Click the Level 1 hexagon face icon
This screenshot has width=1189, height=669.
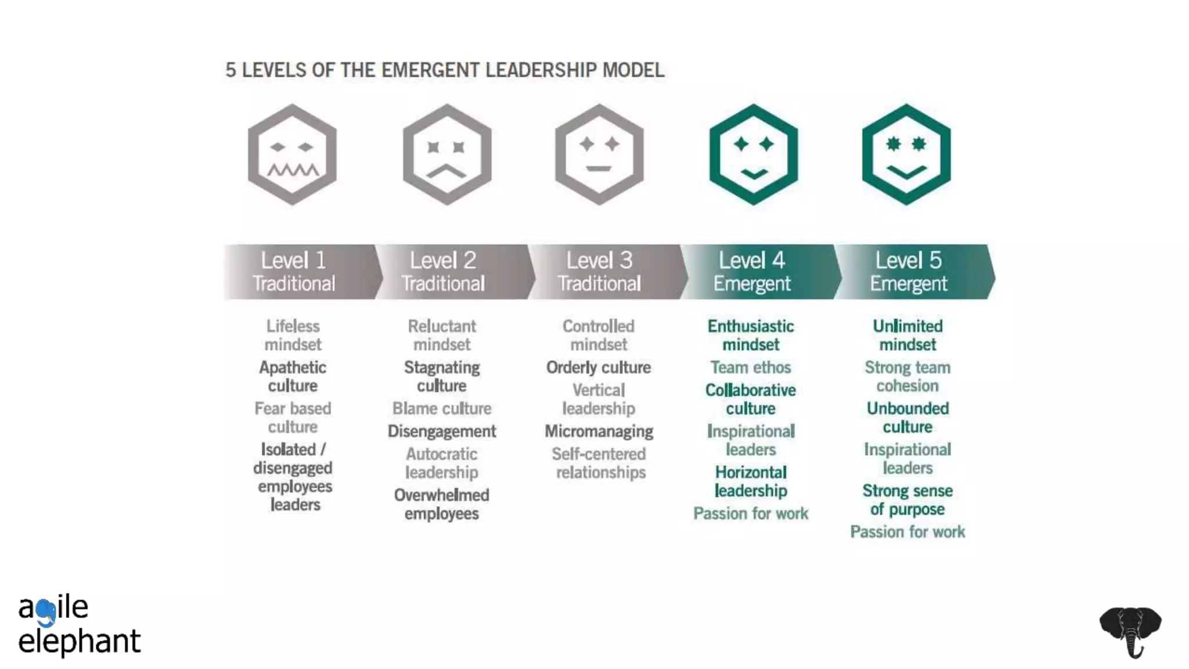[x=292, y=154]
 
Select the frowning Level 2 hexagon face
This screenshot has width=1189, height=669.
[x=447, y=154]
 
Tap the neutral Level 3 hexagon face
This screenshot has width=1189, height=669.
[x=599, y=154]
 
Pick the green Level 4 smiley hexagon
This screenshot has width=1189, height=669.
[x=754, y=154]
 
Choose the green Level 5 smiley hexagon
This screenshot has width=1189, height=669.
[x=906, y=154]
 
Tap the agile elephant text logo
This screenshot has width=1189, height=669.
[x=78, y=624]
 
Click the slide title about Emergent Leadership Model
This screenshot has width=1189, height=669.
[x=445, y=70]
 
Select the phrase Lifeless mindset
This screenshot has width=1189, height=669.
[x=293, y=335]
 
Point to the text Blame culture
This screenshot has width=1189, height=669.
[x=442, y=408]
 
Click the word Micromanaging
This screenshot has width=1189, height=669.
[x=599, y=431]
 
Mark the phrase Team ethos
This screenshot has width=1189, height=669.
[x=751, y=367]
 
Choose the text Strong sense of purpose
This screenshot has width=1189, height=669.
[x=907, y=499]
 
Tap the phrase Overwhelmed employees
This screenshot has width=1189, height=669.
[x=442, y=504]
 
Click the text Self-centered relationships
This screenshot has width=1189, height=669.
[x=599, y=463]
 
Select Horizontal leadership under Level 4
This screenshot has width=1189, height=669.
[x=751, y=481]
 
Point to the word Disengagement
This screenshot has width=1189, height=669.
[x=442, y=431]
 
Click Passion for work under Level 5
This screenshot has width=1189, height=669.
[x=907, y=531]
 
